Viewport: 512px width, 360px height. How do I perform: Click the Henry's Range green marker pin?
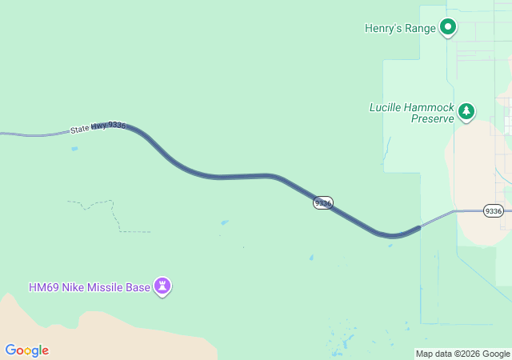point(449,27)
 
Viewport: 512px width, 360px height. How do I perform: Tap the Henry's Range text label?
point(400,28)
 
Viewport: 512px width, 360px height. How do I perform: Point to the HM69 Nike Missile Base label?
point(89,287)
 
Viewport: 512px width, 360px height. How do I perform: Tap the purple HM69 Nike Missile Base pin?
point(162,286)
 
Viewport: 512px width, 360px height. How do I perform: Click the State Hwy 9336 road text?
point(98,127)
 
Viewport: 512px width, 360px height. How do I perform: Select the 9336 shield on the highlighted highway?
point(322,203)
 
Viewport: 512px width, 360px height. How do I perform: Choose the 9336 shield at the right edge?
point(494,210)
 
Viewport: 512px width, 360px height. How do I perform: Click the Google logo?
point(26,350)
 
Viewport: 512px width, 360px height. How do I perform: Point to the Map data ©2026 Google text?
point(462,354)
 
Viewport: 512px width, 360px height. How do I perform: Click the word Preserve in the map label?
point(432,118)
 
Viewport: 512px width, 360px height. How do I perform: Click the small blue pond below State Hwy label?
point(74,148)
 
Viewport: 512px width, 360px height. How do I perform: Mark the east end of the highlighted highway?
point(418,228)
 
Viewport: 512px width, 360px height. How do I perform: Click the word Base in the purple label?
point(138,287)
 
